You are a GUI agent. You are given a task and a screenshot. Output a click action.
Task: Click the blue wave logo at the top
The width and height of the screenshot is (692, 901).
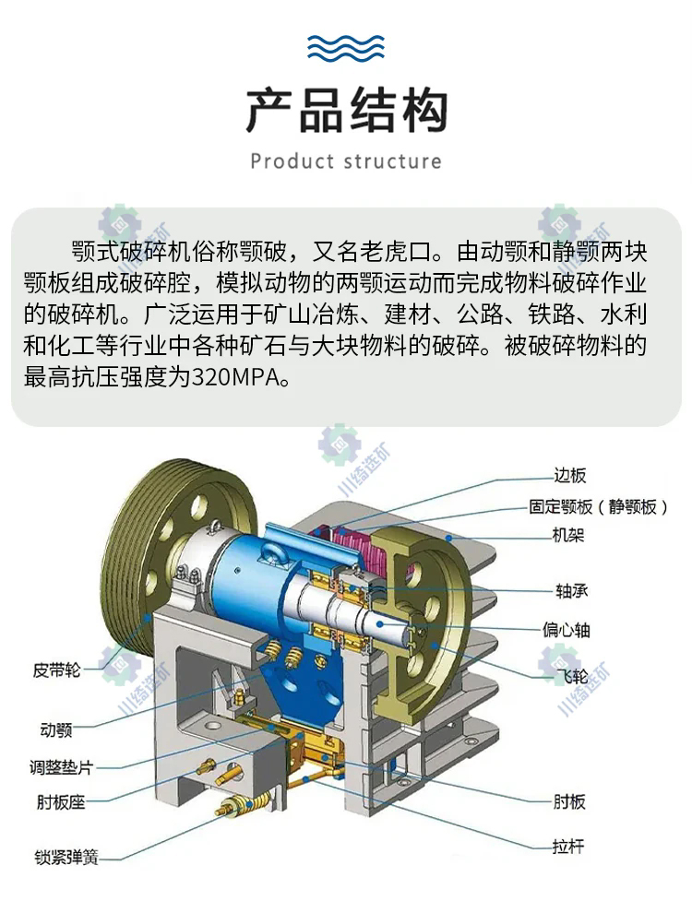(x=346, y=47)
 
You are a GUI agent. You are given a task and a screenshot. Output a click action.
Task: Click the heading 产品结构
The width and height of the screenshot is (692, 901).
(x=347, y=112)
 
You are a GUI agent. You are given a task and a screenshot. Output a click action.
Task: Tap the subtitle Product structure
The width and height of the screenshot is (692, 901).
(x=346, y=161)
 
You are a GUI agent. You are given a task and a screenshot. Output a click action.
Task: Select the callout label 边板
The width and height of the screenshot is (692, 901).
(x=569, y=475)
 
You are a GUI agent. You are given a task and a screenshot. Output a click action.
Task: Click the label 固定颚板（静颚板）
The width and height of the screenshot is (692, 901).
(x=598, y=506)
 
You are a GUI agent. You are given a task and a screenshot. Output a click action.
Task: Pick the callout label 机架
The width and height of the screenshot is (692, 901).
(x=567, y=536)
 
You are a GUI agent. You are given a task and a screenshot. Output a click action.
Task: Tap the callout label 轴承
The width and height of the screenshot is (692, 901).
(x=571, y=591)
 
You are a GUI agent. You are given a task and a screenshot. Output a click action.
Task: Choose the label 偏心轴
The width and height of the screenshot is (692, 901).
(x=567, y=630)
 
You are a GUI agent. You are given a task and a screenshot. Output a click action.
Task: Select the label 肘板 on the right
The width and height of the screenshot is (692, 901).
(x=569, y=801)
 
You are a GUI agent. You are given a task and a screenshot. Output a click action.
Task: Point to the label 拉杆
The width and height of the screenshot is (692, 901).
(x=567, y=846)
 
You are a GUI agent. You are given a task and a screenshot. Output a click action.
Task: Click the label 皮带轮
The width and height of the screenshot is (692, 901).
(x=57, y=670)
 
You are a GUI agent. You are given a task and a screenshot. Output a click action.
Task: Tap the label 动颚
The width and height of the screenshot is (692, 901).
(x=55, y=729)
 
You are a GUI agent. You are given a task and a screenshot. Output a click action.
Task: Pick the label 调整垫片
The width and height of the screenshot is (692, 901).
(x=62, y=766)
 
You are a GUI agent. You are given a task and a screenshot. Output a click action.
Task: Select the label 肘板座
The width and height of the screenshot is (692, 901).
(x=61, y=801)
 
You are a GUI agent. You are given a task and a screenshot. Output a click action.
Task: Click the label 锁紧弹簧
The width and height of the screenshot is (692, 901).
(x=66, y=857)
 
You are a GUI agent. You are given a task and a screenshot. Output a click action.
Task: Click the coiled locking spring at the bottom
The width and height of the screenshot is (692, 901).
(x=243, y=804)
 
